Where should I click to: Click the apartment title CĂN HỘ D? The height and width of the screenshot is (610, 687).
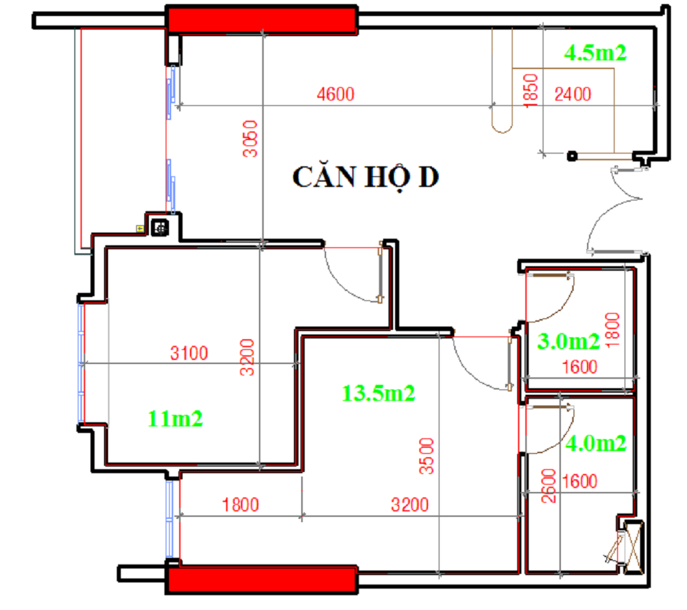(366, 178)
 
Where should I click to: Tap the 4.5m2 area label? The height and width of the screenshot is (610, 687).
(595, 54)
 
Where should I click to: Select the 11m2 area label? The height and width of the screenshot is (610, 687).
(175, 419)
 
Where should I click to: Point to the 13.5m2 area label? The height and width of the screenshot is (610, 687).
(378, 393)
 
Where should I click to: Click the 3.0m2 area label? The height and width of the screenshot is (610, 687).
(568, 341)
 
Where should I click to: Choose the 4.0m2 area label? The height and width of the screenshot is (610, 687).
(596, 444)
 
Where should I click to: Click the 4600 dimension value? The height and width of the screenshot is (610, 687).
(335, 94)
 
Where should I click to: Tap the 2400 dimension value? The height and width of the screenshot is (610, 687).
(573, 94)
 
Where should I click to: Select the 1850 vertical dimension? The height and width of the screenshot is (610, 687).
(531, 90)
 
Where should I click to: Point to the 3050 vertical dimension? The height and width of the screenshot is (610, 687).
(250, 139)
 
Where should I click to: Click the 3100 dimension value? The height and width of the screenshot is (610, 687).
(189, 353)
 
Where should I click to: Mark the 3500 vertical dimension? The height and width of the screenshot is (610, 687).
(426, 456)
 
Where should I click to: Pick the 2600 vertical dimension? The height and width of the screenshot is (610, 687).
(549, 485)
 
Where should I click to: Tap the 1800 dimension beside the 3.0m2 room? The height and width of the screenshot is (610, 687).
(613, 330)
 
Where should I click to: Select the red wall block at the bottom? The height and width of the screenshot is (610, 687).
(262, 580)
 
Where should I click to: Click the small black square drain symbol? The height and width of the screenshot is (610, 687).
(160, 228)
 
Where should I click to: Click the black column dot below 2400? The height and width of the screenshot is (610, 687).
(572, 156)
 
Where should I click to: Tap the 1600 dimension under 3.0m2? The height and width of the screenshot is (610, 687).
(580, 367)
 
